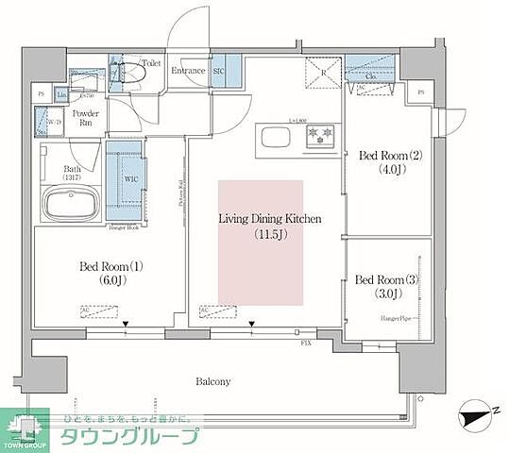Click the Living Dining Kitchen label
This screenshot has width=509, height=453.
tap(270, 219)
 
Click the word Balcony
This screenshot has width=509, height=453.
tap(214, 381)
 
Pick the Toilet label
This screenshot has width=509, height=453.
tap(152, 64)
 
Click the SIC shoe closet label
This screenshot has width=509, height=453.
tap(217, 70)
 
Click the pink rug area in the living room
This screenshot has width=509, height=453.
tap(261, 269)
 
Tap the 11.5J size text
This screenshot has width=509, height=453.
tap(270, 234)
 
